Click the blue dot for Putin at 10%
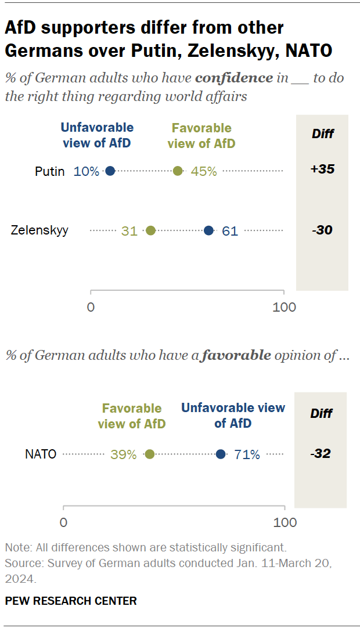tap(110, 171)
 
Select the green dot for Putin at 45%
tap(178, 171)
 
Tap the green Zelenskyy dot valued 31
tap(150, 230)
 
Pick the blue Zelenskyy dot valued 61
tap(208, 230)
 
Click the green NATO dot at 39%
tap(150, 454)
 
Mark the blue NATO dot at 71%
tap(221, 454)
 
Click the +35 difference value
tap(322, 169)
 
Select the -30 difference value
tap(322, 230)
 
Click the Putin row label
tap(49, 171)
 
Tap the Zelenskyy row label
tap(40, 230)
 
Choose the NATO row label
tap(41, 454)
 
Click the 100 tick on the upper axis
tap(284, 307)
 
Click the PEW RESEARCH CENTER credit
tap(71, 601)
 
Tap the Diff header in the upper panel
tap(322, 133)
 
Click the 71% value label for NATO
tap(247, 455)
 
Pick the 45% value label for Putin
tap(204, 171)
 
